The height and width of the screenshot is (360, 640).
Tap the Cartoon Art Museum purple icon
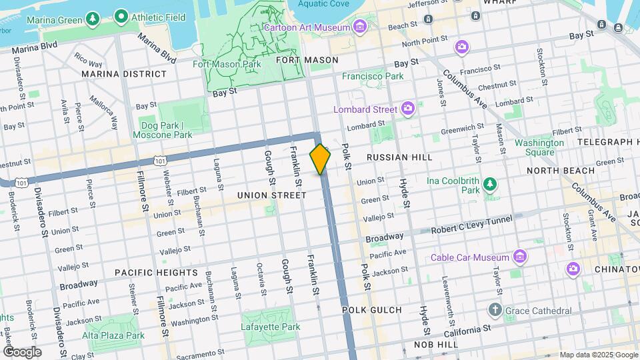pyautogui.click(x=361, y=27)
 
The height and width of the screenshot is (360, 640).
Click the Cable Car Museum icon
pyautogui.click(x=521, y=257)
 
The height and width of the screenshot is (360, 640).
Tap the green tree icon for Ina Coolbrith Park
pyautogui.click(x=490, y=183)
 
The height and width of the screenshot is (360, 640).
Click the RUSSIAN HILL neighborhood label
pyautogui.click(x=399, y=157)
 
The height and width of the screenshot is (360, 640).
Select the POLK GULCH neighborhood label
pyautogui.click(x=372, y=310)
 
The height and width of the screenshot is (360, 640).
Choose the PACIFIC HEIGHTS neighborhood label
pyautogui.click(x=156, y=273)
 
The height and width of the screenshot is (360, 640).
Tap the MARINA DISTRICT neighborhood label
pyautogui.click(x=124, y=73)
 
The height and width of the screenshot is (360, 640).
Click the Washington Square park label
pyautogui.click(x=539, y=147)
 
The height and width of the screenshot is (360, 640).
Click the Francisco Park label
pyautogui.click(x=377, y=76)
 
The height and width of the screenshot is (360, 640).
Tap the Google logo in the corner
pyautogui.click(x=22, y=352)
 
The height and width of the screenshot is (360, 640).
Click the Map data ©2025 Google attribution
pyautogui.click(x=598, y=355)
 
